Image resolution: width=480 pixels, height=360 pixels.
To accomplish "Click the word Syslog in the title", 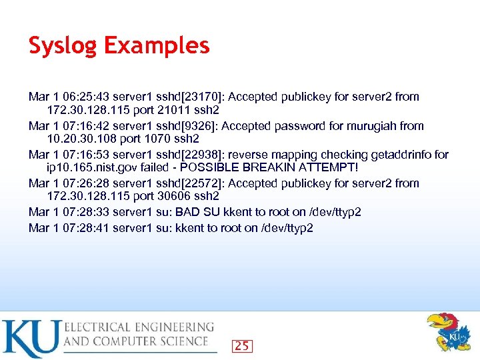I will [61, 47].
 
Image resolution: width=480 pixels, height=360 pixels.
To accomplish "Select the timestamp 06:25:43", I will [79, 97].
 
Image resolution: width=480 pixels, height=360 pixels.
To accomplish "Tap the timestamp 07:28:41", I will [79, 228].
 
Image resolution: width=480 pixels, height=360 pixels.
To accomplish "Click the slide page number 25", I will [242, 345].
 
